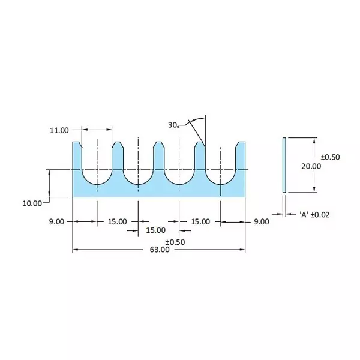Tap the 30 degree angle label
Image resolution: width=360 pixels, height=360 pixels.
(x=174, y=125)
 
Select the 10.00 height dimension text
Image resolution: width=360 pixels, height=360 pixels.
(x=32, y=203)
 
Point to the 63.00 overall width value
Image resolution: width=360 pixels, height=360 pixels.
(x=159, y=250)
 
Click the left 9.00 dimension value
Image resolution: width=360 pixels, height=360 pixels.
(x=56, y=221)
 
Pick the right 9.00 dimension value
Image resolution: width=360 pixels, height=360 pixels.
(x=261, y=221)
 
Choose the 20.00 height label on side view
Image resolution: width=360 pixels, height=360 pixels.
(x=312, y=166)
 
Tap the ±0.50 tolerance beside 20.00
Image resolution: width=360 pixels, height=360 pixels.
(x=330, y=157)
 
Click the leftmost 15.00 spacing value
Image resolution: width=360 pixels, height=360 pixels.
(x=117, y=221)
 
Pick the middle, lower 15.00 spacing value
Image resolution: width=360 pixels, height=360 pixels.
(x=156, y=230)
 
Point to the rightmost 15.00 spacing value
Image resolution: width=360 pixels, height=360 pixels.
(x=200, y=221)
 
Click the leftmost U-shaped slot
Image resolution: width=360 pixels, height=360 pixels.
(x=97, y=171)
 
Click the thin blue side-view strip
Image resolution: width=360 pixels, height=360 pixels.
(x=284, y=165)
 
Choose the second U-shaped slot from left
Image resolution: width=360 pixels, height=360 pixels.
(x=138, y=171)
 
